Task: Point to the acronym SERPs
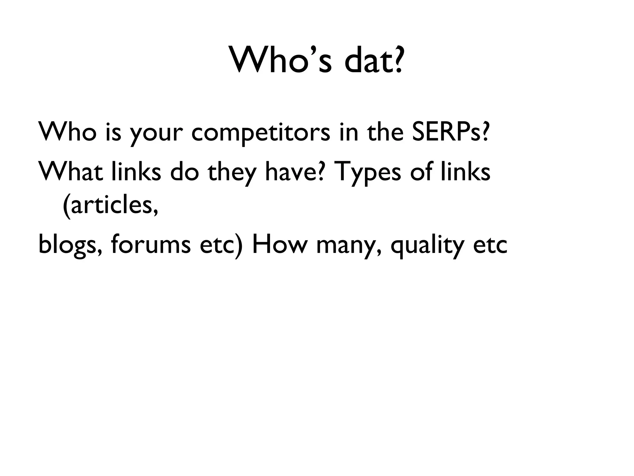[x=446, y=132]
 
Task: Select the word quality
[x=427, y=246]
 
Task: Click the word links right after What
[x=136, y=172]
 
